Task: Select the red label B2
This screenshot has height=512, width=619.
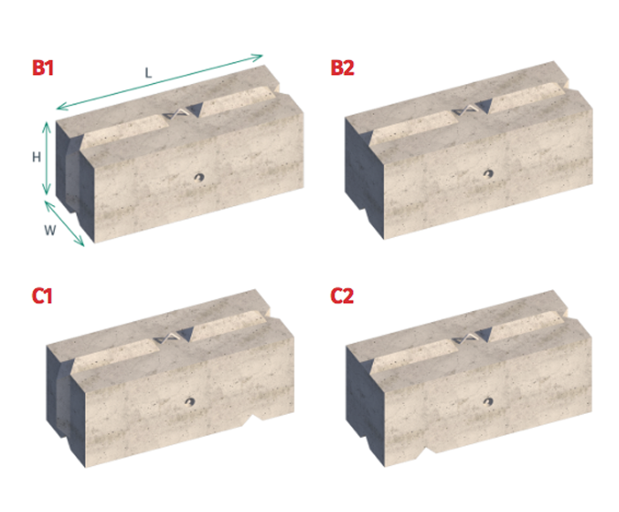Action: [342, 69]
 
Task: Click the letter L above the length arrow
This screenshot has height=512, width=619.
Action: [149, 73]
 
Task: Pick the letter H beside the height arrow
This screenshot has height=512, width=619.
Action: [36, 157]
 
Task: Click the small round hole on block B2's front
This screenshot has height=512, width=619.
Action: [486, 174]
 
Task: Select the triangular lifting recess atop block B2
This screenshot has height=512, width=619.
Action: [472, 108]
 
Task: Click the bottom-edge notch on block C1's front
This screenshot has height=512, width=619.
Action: [257, 415]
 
